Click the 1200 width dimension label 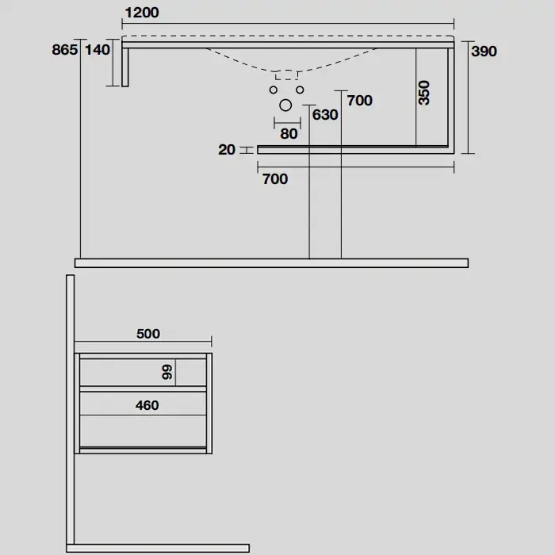(x=142, y=13)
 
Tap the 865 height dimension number (x=65, y=49)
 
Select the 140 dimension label (x=98, y=49)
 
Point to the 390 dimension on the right (x=484, y=52)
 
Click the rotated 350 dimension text (x=423, y=93)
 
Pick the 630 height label (x=325, y=115)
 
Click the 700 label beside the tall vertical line (x=360, y=101)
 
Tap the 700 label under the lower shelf (x=275, y=179)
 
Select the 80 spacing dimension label (x=289, y=134)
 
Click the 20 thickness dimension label (x=227, y=150)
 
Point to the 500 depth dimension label (x=148, y=334)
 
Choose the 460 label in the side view (x=147, y=405)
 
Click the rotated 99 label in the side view (x=167, y=373)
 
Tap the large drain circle (x=285, y=105)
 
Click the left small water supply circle (x=274, y=90)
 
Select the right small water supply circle (x=300, y=90)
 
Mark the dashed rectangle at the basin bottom (x=286, y=75)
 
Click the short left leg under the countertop (x=125, y=67)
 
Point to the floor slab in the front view (x=271, y=263)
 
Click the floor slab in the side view (x=158, y=549)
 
